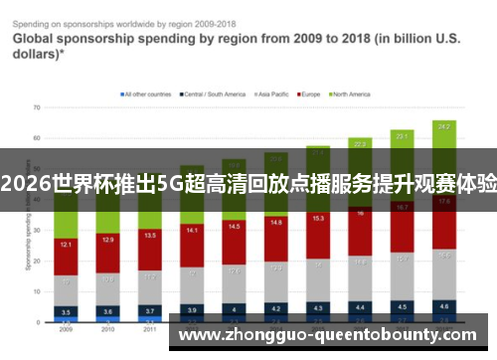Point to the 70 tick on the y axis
[x=37, y=105]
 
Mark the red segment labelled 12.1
[x=65, y=244]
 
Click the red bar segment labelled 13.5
[x=149, y=237]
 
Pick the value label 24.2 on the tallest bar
[x=443, y=126]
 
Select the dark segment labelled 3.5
[x=65, y=311]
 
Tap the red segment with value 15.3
[x=317, y=218]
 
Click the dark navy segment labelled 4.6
[x=443, y=306]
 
